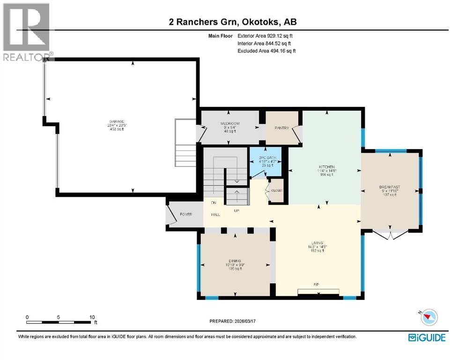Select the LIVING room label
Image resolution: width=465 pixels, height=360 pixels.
pos(319,243)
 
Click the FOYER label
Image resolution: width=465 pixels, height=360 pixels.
pos(186,214)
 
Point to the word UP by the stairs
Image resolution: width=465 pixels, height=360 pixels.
pos(236,211)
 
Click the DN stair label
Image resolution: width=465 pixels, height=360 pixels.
pos(213,202)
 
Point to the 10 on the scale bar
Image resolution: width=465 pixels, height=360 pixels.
pos(92,317)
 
